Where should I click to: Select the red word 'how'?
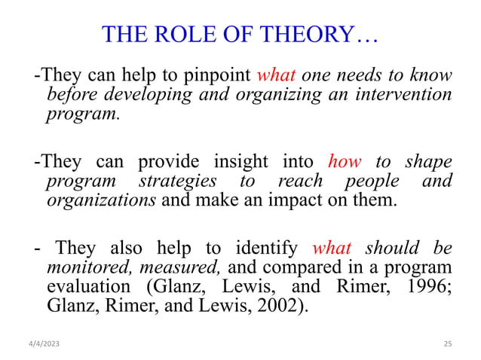346,162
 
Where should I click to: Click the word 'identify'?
267,248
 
